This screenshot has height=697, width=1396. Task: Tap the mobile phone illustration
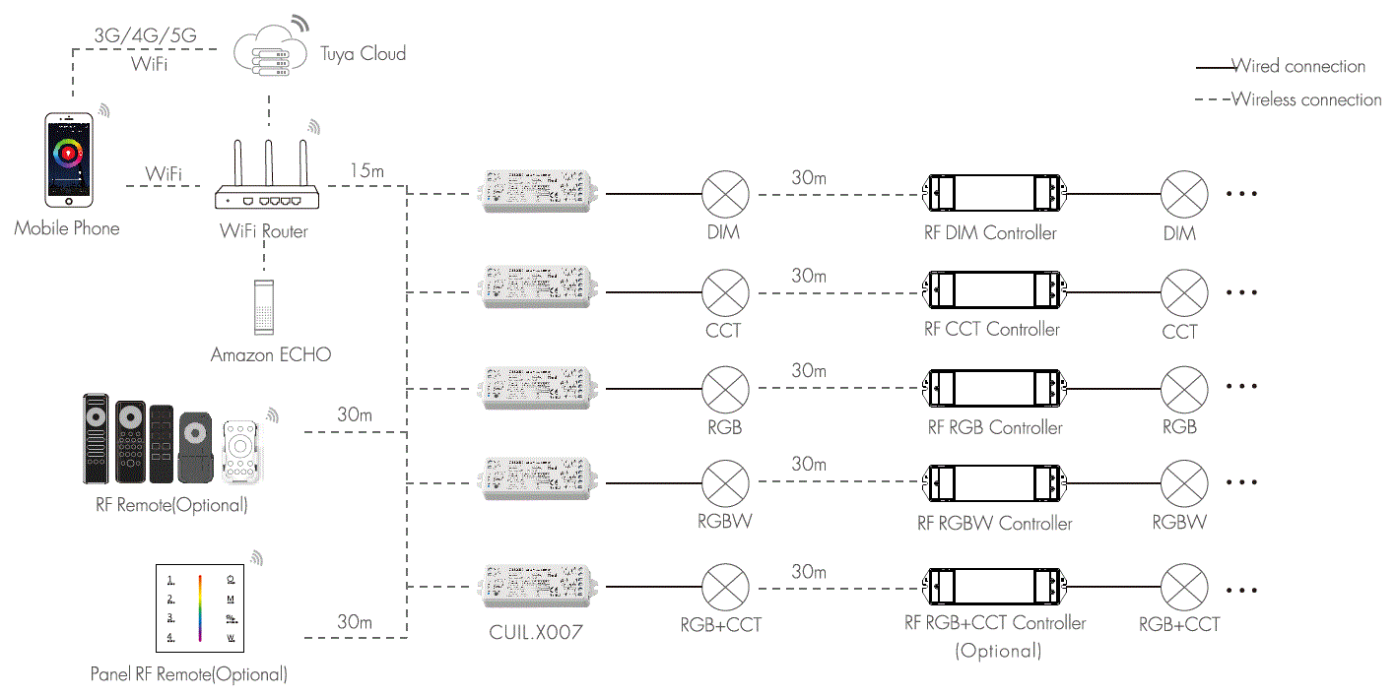(x=69, y=159)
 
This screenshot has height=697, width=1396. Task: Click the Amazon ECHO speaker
(x=264, y=307)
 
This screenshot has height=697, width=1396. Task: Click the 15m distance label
(x=366, y=171)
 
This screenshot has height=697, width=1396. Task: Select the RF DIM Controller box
(x=992, y=194)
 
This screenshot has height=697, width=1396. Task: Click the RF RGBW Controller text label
(x=994, y=524)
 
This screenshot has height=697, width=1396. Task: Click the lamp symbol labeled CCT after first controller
(x=725, y=292)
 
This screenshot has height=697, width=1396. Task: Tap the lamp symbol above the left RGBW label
(x=725, y=483)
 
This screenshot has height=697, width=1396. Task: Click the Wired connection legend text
(x=1297, y=67)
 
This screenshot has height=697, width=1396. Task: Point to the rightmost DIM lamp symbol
(x=1183, y=194)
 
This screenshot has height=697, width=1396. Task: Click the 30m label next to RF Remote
(x=355, y=414)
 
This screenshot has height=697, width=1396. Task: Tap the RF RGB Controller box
(x=992, y=388)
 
